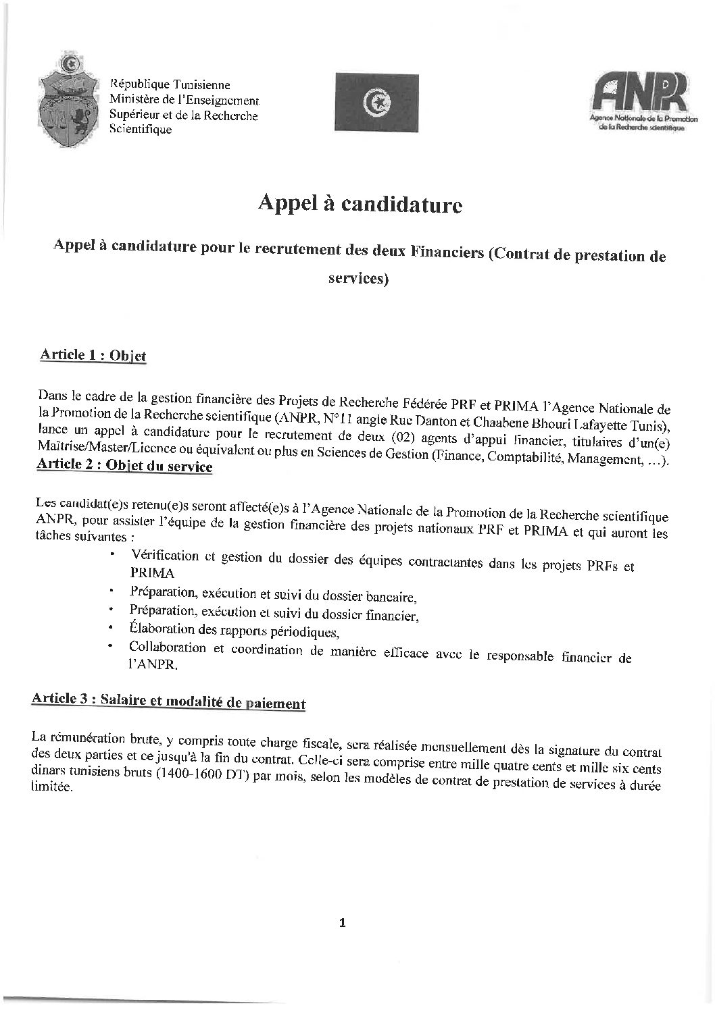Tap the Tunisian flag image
click(376, 102)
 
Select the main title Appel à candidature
click(360, 204)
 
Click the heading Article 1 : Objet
click(93, 355)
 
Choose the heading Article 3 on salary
click(168, 701)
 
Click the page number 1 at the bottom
click(343, 923)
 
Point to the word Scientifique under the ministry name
click(141, 130)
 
